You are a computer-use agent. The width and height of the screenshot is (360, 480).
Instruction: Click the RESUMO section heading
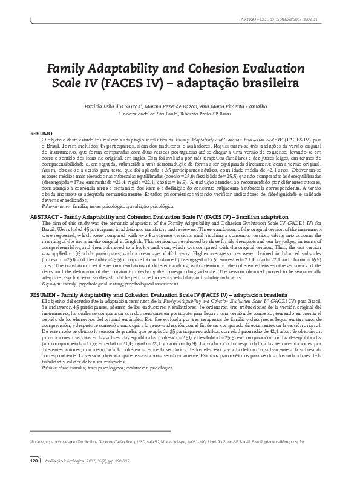pos(41,132)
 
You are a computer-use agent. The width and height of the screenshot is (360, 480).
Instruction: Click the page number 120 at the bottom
pos(34,461)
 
